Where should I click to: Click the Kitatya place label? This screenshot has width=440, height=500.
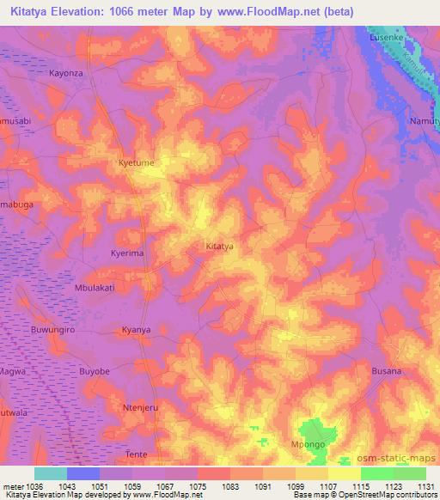[x=220, y=247]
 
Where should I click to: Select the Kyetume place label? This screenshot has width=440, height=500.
[x=135, y=162]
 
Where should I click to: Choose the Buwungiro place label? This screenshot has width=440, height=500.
[x=54, y=329]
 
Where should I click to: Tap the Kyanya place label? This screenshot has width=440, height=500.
[x=136, y=329]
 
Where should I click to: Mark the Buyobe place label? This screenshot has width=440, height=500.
[x=95, y=371]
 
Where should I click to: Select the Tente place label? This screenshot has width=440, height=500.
[x=137, y=454]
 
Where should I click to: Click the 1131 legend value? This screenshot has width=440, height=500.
[x=425, y=485]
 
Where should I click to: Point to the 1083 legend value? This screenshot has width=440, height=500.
[x=229, y=485]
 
